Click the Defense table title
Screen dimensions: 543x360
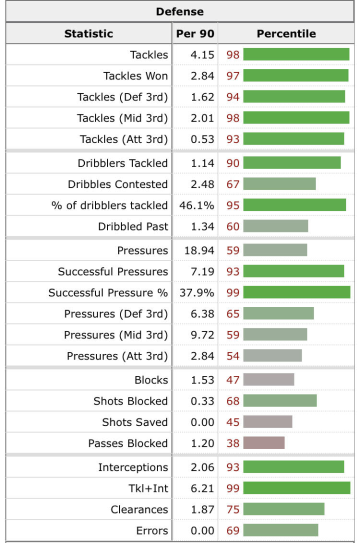click(179, 11)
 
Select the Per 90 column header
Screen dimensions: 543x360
click(195, 34)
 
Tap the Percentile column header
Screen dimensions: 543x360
click(286, 34)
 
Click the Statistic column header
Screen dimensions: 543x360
click(88, 34)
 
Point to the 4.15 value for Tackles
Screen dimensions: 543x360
click(202, 54)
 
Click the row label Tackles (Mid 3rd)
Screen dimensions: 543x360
click(122, 118)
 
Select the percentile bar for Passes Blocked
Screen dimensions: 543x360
click(264, 443)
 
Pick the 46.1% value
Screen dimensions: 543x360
click(196, 205)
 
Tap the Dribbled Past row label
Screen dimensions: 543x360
click(133, 226)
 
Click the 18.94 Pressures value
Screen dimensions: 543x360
click(199, 250)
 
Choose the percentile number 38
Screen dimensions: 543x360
click(233, 443)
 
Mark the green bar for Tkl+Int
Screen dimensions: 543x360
click(296, 488)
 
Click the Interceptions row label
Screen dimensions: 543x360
click(133, 467)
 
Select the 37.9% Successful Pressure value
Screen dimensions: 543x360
click(196, 292)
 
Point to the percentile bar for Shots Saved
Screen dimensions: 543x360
click(267, 422)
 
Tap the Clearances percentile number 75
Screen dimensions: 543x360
click(233, 509)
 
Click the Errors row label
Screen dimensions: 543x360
click(152, 530)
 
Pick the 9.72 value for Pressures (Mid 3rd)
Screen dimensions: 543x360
click(202, 334)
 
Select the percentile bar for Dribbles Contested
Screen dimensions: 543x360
click(279, 184)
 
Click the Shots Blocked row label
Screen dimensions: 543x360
click(130, 401)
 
